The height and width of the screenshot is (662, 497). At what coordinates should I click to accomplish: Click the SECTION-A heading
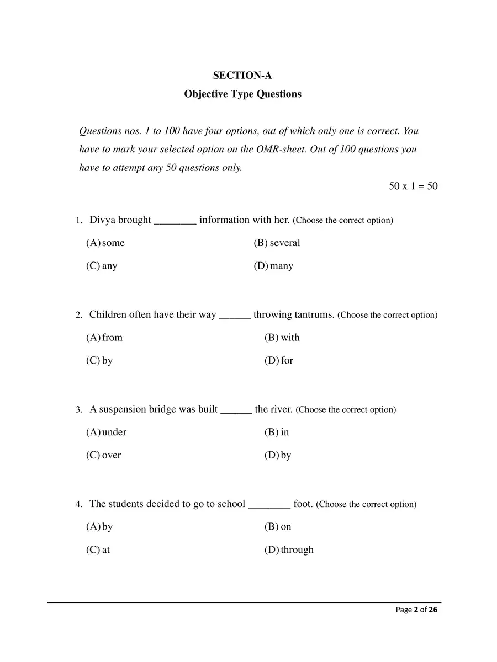pyautogui.click(x=242, y=76)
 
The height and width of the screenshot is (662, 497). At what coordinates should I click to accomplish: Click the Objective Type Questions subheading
pyautogui.click(x=242, y=94)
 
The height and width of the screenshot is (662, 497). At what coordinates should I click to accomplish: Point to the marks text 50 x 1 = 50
pyautogui.click(x=413, y=186)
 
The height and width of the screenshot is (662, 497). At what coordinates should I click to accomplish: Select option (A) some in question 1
pyautogui.click(x=105, y=243)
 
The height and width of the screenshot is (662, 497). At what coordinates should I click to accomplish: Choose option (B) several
pyautogui.click(x=277, y=243)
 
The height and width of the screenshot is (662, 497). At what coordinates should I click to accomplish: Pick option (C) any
pyautogui.click(x=102, y=266)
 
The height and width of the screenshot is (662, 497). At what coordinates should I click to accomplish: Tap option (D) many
pyautogui.click(x=274, y=266)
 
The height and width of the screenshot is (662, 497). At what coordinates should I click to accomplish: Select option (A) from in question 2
pyautogui.click(x=104, y=338)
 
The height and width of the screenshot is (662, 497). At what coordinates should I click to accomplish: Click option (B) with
pyautogui.click(x=282, y=338)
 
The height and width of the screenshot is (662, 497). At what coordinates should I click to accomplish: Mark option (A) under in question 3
pyautogui.click(x=107, y=433)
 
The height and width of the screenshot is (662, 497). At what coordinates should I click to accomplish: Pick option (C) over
pyautogui.click(x=104, y=456)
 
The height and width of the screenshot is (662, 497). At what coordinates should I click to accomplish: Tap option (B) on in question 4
pyautogui.click(x=278, y=527)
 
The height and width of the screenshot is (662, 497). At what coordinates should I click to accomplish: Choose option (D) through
pyautogui.click(x=289, y=550)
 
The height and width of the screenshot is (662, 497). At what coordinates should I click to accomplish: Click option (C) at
pyautogui.click(x=98, y=550)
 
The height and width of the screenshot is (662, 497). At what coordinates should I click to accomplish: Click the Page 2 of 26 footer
pyautogui.click(x=417, y=610)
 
